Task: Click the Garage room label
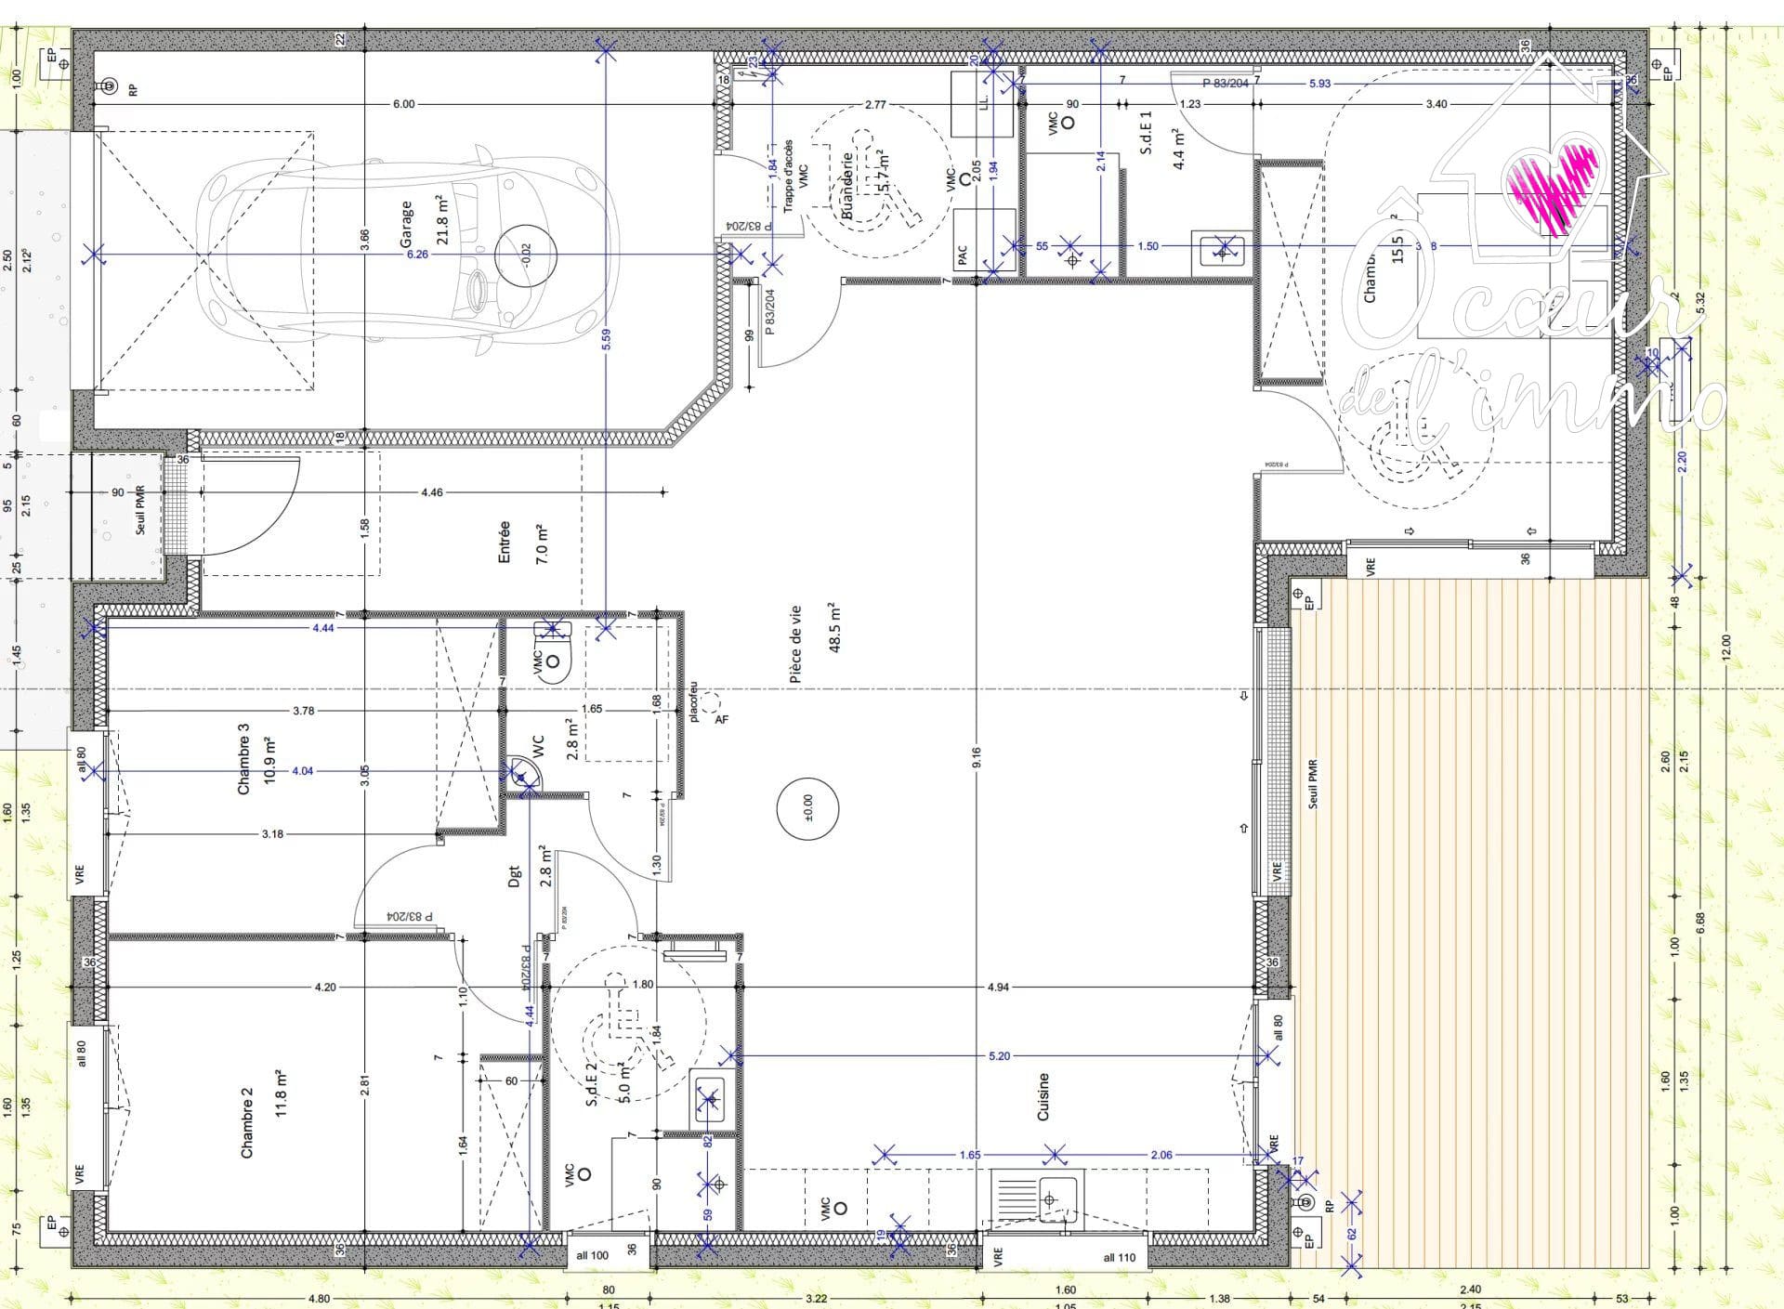coord(406,224)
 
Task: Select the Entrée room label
coord(505,542)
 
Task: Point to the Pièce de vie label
coord(795,645)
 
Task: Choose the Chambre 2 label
coord(247,1129)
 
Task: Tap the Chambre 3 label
coord(244,765)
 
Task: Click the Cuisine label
coord(1043,1096)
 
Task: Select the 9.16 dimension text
coord(977,758)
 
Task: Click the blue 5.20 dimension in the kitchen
coord(999,1055)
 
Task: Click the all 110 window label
coord(1119,1257)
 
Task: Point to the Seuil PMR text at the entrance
coord(141,513)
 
